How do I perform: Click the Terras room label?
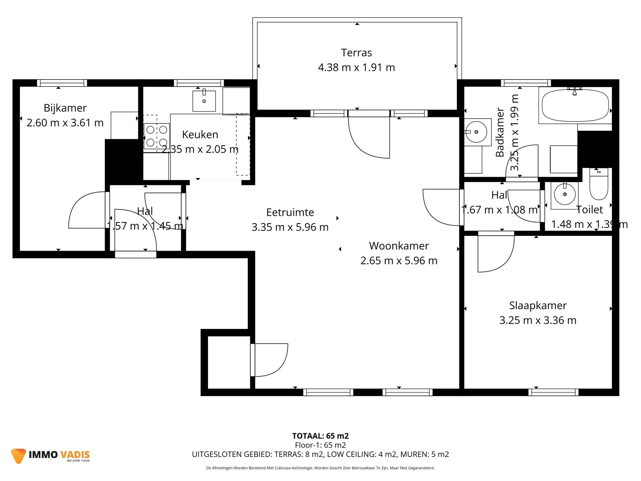coord(356,53)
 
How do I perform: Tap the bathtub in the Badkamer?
coord(575,106)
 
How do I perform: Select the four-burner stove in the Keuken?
coord(157,136)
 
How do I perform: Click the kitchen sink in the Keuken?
coord(204,101)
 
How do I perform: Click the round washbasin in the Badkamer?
coord(476,132)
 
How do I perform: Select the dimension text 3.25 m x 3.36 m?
coord(538,320)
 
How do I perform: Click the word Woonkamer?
coord(399,246)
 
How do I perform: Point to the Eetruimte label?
coord(290,212)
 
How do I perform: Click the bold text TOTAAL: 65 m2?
coord(320,436)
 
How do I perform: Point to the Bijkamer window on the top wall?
coord(62,83)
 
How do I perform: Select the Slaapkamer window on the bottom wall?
coord(553,392)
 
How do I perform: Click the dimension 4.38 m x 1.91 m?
coord(356,67)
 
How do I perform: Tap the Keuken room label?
coord(200,135)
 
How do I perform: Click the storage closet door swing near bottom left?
coord(270,359)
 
